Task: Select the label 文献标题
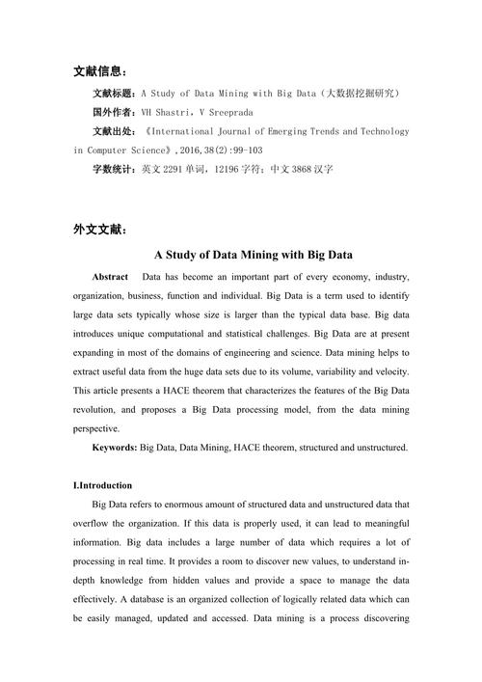point(115,95)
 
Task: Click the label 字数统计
point(115,169)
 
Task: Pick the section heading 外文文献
point(99,231)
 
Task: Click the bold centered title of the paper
point(240,256)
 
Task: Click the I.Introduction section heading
point(103,485)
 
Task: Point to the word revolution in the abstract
point(100,410)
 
